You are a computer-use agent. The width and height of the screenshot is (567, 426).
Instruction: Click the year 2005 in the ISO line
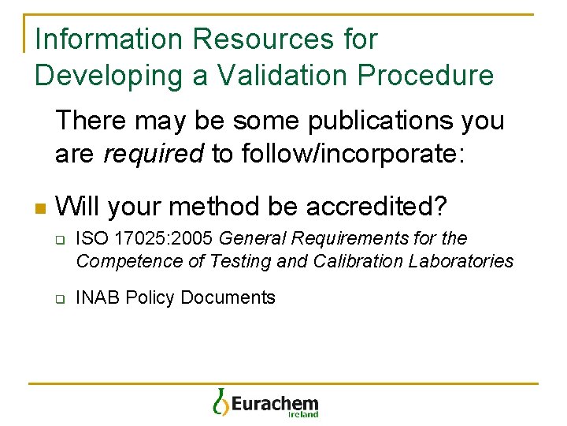click(x=195, y=238)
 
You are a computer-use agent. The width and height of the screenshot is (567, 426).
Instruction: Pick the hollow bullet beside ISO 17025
click(x=58, y=240)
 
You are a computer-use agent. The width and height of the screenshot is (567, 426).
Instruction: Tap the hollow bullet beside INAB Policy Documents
click(x=58, y=299)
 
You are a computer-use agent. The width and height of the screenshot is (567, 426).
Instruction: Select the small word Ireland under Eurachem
click(x=303, y=414)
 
